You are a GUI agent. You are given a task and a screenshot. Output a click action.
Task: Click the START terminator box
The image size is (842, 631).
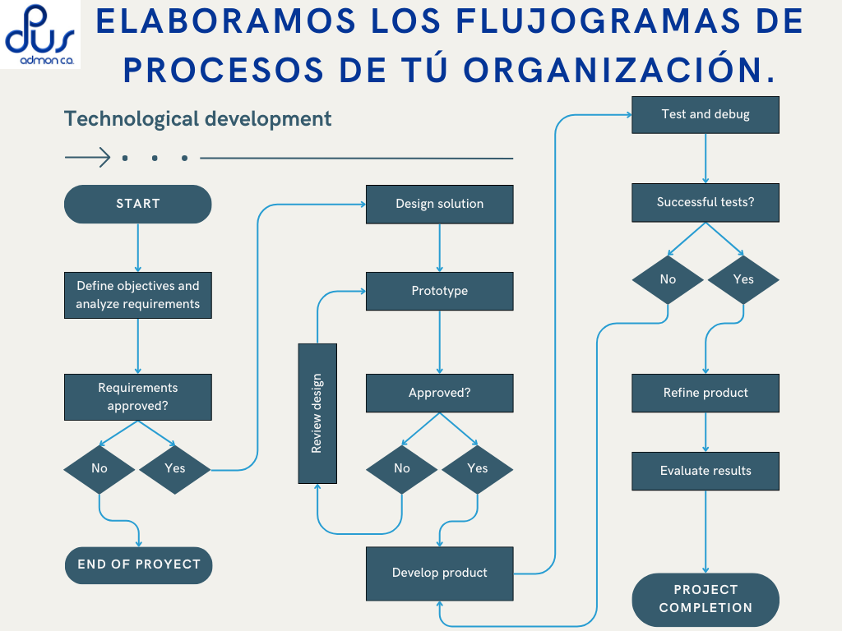click(x=137, y=204)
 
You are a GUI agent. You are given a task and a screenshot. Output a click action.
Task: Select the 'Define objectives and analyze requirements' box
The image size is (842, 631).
click(x=137, y=295)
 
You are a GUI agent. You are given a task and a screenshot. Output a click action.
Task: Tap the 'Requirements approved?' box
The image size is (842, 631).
click(x=137, y=397)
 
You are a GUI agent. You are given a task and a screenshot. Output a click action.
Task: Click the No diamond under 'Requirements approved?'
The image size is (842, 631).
click(x=99, y=468)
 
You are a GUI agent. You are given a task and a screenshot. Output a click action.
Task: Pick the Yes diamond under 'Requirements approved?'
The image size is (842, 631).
click(x=175, y=468)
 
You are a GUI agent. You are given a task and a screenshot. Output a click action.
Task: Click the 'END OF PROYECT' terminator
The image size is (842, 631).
click(x=138, y=564)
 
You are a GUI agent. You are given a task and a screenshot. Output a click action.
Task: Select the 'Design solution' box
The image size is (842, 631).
click(x=439, y=204)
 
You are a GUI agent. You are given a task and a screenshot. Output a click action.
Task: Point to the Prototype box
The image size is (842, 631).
click(x=439, y=291)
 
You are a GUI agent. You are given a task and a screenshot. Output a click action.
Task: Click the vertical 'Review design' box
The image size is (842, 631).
click(x=317, y=413)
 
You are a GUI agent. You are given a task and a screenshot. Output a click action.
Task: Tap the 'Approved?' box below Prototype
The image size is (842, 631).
click(x=439, y=393)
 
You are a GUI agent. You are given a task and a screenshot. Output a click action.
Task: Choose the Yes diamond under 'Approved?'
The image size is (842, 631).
click(x=477, y=468)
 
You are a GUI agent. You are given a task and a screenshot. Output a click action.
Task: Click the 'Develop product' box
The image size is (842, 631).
click(x=439, y=573)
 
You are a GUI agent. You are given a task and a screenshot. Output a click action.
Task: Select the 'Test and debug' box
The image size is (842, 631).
click(x=705, y=114)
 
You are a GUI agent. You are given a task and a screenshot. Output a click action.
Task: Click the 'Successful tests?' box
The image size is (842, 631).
click(x=705, y=202)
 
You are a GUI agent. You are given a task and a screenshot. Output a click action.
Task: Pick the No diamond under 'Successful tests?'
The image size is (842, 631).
click(x=668, y=279)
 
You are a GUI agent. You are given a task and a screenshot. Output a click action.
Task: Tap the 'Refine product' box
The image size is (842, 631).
click(x=705, y=393)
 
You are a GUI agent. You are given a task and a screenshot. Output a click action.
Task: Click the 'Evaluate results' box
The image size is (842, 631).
click(x=705, y=471)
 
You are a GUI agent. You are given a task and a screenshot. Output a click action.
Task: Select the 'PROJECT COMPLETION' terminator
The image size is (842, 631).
click(x=705, y=599)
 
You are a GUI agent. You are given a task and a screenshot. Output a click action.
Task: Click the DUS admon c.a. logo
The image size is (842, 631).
click(x=39, y=35)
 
